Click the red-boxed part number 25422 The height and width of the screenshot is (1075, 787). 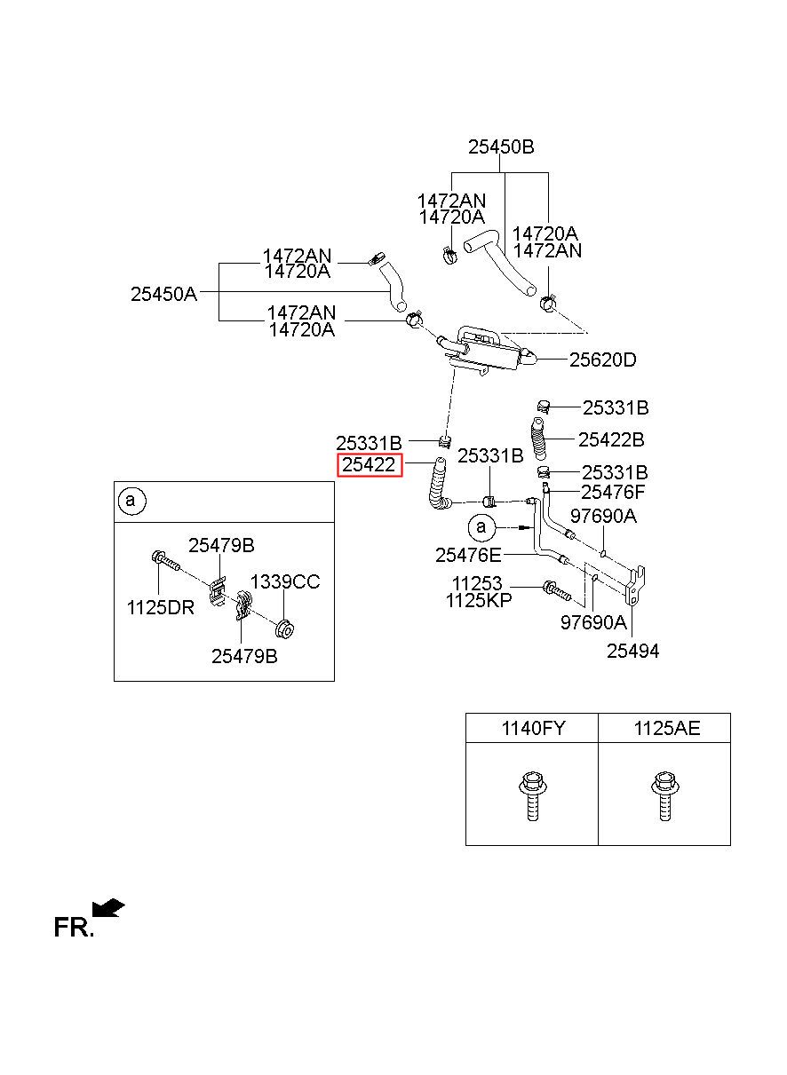[369, 464]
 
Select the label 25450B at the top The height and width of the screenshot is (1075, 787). [501, 146]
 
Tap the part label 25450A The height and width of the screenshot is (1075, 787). [163, 294]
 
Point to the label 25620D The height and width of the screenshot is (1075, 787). [602, 360]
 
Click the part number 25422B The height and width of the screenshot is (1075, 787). [611, 439]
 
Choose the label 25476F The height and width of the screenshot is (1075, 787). [613, 492]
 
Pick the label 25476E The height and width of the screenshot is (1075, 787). [468, 556]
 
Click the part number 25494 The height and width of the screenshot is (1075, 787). [632, 651]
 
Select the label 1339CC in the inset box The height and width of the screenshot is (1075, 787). [285, 581]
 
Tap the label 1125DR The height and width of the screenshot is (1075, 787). [161, 607]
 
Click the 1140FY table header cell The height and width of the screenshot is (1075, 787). [532, 728]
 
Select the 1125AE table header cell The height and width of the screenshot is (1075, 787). [664, 728]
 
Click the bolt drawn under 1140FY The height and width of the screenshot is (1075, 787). [530, 795]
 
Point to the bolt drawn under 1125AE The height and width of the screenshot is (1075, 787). [664, 795]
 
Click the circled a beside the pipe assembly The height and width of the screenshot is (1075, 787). [481, 527]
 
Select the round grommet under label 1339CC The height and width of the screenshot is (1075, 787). [285, 629]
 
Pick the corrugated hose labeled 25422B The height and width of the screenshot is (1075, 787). [538, 438]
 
